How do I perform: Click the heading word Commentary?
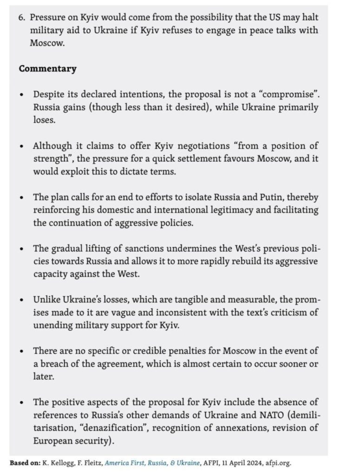click(47, 69)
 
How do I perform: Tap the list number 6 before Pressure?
click(22, 18)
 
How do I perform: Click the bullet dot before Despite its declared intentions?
click(22, 95)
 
